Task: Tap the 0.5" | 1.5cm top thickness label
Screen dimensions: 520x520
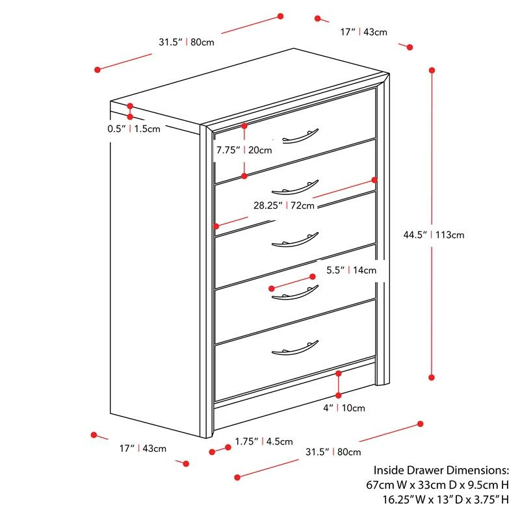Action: click(x=134, y=129)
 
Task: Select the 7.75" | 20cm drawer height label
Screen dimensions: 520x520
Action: click(x=244, y=150)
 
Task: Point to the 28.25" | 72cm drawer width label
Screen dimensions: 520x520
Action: click(x=284, y=205)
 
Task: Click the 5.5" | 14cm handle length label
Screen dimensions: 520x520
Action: click(x=351, y=270)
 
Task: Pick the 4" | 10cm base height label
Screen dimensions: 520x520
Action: click(x=344, y=408)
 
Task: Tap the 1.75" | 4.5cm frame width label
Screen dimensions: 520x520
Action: click(x=264, y=442)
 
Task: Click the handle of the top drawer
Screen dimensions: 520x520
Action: click(x=301, y=135)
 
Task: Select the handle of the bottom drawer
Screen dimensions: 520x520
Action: click(x=296, y=348)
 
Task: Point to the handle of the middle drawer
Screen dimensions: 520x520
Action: click(x=296, y=240)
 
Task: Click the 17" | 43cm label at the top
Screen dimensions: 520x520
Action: click(x=364, y=31)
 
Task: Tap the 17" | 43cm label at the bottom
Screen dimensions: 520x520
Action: click(x=143, y=448)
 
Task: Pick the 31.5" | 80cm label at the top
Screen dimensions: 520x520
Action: click(x=187, y=42)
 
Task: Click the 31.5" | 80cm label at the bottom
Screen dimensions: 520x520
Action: click(x=333, y=452)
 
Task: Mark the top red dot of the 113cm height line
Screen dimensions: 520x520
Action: click(x=432, y=69)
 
